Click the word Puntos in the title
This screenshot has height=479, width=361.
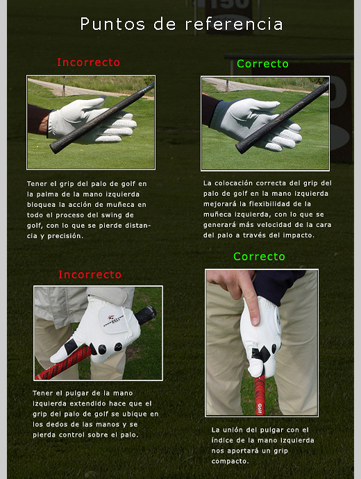pyautogui.click(x=112, y=24)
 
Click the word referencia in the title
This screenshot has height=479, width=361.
pyautogui.click(x=234, y=24)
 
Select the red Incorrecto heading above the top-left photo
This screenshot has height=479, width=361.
pyautogui.click(x=89, y=62)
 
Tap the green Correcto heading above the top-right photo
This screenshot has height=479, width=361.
pyautogui.click(x=262, y=64)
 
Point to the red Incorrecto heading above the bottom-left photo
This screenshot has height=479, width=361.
pyautogui.click(x=90, y=274)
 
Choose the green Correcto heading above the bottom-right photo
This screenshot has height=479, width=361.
pyautogui.click(x=260, y=256)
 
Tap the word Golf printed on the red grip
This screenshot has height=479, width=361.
pyautogui.click(x=260, y=408)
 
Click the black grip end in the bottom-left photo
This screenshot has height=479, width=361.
pyautogui.click(x=146, y=314)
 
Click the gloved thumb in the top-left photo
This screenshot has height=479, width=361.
pyautogui.click(x=89, y=105)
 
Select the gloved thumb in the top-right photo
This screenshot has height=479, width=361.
pyautogui.click(x=260, y=107)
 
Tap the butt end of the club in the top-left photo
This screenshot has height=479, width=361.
pyautogui.click(x=54, y=148)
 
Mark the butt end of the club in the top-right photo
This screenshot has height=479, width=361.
pyautogui.click(x=240, y=149)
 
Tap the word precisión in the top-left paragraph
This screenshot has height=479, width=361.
pyautogui.click(x=65, y=236)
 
